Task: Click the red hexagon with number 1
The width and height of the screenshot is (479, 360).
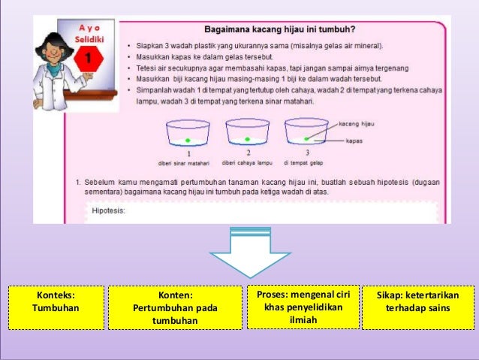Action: [89, 59]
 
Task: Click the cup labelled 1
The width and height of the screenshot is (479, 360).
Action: [188, 135]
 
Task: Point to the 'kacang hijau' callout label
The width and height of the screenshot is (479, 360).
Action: [356, 123]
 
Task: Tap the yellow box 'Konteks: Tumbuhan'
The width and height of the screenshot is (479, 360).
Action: [56, 308]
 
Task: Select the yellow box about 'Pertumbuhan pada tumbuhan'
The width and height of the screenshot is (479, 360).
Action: [176, 308]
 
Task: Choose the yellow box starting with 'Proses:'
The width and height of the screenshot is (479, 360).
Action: [303, 307]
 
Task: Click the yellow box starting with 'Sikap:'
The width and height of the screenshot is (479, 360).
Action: [418, 307]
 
